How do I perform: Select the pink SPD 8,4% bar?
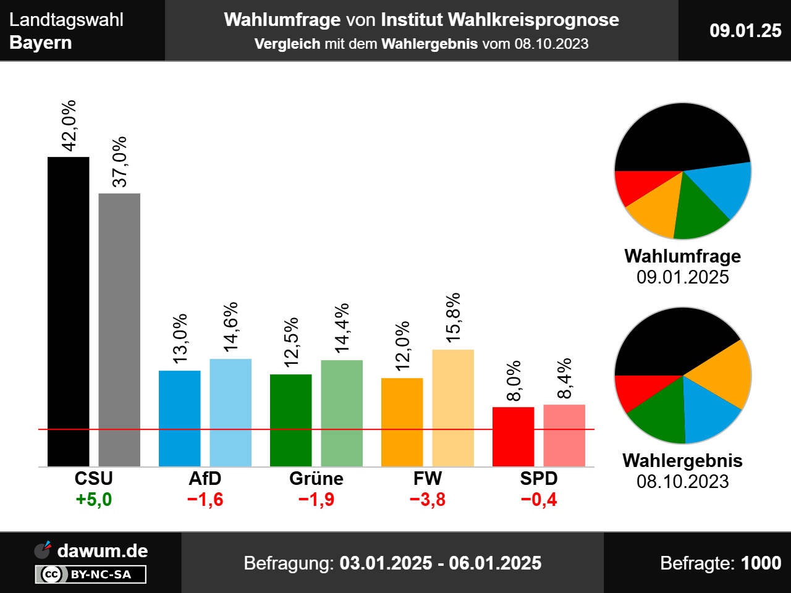564,435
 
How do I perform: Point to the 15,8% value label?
453,318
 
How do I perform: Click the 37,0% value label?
119,161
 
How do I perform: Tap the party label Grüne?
316,479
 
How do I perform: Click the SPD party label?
539,479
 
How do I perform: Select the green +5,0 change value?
94,499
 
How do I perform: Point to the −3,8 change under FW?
428,499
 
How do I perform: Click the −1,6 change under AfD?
205,499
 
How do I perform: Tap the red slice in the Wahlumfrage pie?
637,185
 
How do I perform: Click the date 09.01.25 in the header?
745,30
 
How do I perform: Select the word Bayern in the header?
41,43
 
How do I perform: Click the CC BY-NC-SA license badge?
91,574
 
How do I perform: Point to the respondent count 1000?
761,563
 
